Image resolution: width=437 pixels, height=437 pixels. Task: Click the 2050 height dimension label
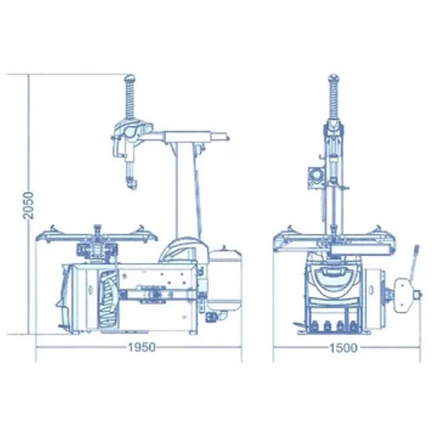[28, 205]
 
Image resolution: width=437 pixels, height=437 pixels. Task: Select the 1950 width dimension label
[141, 348]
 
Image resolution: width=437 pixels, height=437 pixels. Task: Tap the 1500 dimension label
[343, 348]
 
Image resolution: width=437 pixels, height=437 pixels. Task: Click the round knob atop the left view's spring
[130, 78]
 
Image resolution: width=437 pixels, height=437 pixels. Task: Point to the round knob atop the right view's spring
[334, 78]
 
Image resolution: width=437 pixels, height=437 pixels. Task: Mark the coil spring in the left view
[130, 99]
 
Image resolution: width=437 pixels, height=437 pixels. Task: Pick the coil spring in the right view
[334, 99]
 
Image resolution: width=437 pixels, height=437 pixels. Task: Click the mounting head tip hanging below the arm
[131, 183]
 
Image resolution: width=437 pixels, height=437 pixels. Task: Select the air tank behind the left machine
[225, 279]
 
